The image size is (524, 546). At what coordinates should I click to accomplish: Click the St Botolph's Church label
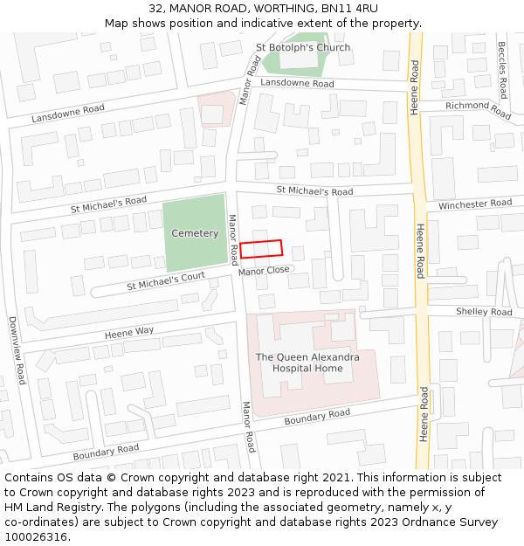coord(303,47)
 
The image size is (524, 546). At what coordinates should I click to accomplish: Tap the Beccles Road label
coord(502,70)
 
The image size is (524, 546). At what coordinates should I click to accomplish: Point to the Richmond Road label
coord(478,109)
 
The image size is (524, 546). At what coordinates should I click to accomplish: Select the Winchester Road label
coord(475,204)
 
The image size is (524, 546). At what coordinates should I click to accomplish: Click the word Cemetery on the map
coord(195,233)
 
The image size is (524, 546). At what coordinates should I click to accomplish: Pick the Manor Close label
coord(264,272)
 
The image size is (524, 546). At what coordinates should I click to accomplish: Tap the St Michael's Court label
coord(165,281)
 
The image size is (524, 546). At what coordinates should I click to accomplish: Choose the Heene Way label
coord(129,332)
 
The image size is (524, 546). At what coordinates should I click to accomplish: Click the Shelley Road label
coord(484,312)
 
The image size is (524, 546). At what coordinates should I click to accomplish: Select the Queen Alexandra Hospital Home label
coord(307,363)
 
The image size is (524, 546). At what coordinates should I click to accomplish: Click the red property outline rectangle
coord(262,249)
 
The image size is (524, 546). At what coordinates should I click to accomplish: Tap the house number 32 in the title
coord(155,9)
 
